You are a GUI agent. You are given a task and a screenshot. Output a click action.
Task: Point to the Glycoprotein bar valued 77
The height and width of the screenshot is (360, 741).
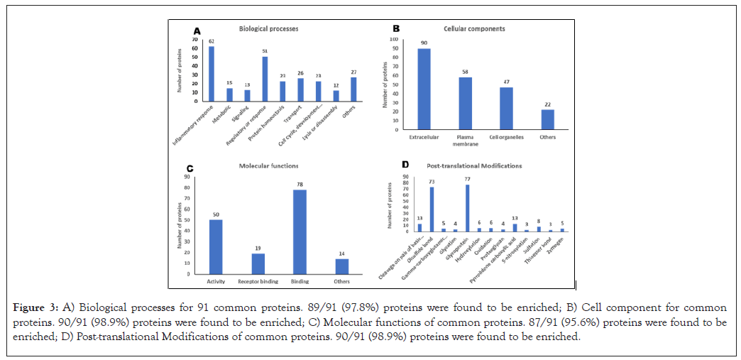[x=466, y=208]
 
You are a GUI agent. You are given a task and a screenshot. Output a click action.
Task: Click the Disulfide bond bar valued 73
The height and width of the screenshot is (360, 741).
[x=432, y=209]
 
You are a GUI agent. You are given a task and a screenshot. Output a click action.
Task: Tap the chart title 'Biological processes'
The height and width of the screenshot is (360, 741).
[x=269, y=29]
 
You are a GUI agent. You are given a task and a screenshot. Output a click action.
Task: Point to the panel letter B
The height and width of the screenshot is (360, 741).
[x=396, y=29]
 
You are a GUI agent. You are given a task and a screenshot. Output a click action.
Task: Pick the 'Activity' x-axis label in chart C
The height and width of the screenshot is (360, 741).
[x=215, y=280]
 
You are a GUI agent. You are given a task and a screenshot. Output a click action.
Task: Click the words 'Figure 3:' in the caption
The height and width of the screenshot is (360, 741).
[x=35, y=308]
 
